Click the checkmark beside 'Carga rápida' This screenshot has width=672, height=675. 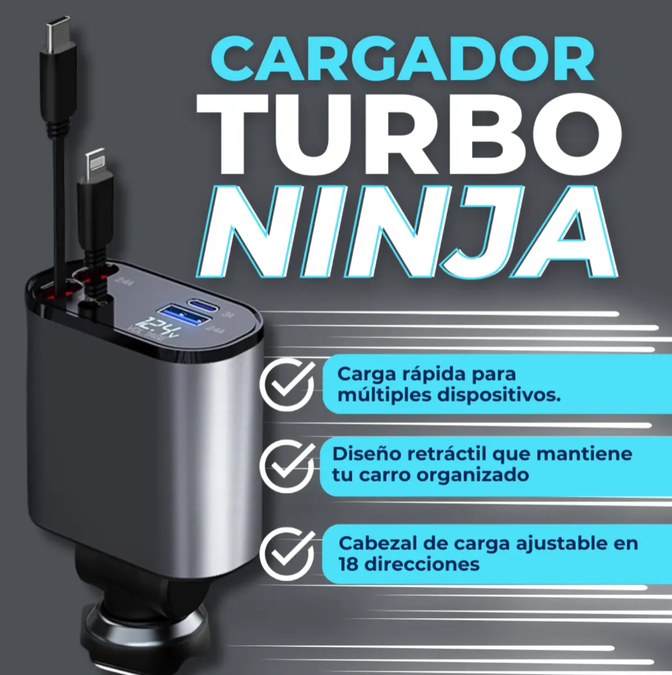287,385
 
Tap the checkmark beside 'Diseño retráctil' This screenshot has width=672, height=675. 287,466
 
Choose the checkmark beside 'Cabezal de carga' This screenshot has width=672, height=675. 287,553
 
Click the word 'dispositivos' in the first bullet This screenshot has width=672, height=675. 499,395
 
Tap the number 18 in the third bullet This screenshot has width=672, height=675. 349,564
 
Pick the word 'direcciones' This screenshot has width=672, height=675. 422,564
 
